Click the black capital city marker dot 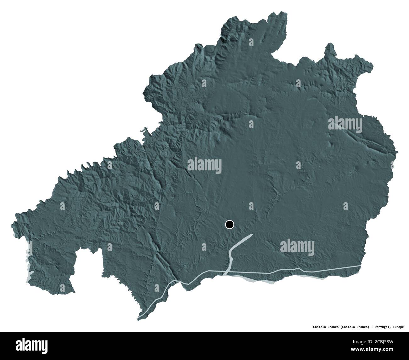230,225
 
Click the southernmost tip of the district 139,320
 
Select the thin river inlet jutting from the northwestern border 144,129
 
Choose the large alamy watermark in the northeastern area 346,123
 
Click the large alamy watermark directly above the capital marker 204,165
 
